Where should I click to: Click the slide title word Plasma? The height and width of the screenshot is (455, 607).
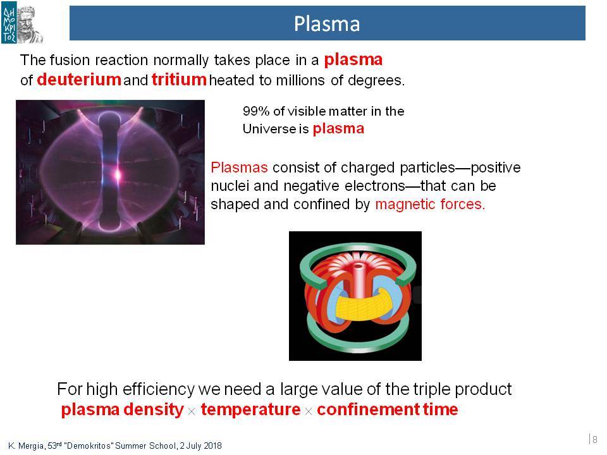[327, 23]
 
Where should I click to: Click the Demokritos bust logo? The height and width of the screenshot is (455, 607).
[22, 23]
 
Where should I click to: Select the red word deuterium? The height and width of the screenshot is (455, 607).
[79, 80]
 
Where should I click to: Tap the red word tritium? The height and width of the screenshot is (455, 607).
[179, 80]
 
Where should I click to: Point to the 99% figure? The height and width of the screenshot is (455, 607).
[256, 111]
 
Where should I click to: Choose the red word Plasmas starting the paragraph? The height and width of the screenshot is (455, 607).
[239, 167]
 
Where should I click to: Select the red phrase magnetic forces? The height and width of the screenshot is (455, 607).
[430, 204]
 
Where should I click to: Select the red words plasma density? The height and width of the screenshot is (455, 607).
[122, 409]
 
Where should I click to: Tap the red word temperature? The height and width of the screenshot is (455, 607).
[250, 409]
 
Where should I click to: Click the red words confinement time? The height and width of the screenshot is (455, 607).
[388, 409]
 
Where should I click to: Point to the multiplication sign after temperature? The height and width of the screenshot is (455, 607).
[308, 411]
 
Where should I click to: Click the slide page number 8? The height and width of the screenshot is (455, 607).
[594, 439]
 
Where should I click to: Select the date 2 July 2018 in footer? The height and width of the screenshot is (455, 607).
[200, 446]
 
